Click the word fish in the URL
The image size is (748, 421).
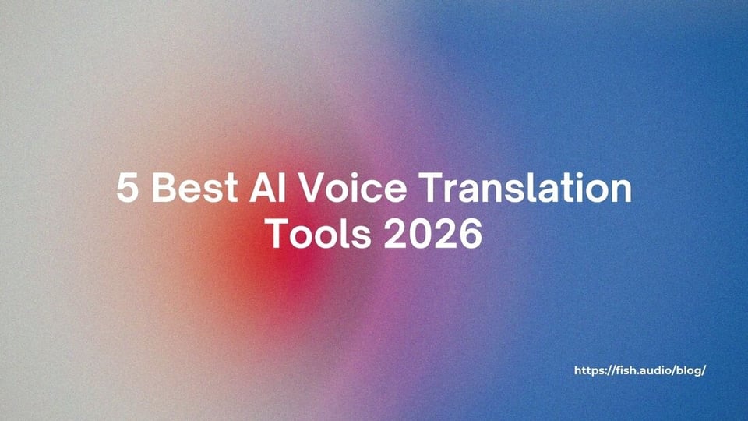[x=628, y=370]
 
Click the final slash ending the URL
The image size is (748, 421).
[x=704, y=370]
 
